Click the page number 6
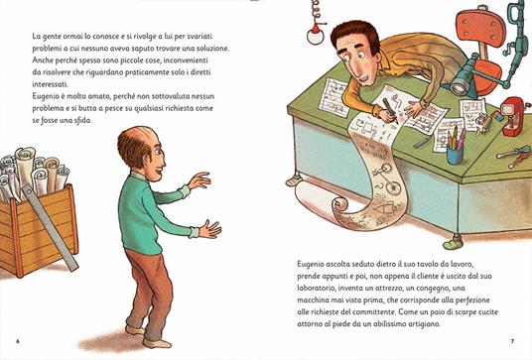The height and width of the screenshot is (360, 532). [18, 341]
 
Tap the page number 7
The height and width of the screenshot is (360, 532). [512, 341]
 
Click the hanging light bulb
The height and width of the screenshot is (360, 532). [316, 37]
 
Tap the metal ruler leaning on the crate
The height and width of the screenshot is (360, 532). [51, 228]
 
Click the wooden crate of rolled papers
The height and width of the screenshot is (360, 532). [38, 230]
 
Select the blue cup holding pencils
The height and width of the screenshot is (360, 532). [455, 156]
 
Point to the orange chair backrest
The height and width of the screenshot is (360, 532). [480, 29]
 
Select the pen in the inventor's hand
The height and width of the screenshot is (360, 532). [390, 111]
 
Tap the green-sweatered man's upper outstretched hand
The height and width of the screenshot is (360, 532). [199, 180]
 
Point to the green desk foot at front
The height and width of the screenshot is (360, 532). [454, 242]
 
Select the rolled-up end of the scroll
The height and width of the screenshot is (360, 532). [340, 204]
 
